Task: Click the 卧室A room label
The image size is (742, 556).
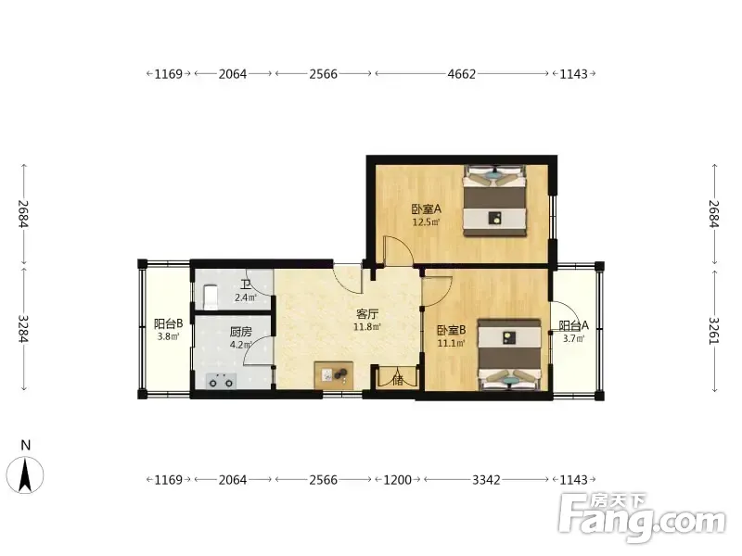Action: pos(426,208)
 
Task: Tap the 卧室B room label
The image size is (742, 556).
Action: pos(451,330)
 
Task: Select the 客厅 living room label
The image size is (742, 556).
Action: pos(367,314)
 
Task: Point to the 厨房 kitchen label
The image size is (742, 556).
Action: pos(240,332)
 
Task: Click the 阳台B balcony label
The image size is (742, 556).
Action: pos(168,323)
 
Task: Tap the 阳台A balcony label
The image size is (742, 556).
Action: pos(573,326)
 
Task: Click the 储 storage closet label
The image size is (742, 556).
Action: pos(398,379)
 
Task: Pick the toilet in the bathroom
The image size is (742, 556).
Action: pos(211,297)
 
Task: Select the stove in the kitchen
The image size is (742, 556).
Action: pos(221,381)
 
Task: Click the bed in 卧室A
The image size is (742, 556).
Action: pos(494,200)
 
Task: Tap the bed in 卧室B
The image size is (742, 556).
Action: pos(509,355)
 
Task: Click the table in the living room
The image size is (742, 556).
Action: pos(334,375)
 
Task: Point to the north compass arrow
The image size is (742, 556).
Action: pos(25,475)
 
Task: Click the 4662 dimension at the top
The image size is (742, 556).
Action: pos(461,74)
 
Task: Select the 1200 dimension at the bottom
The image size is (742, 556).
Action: pos(398,480)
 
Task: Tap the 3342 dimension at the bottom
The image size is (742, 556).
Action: pos(486,480)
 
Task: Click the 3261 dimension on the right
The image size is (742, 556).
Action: pos(714,331)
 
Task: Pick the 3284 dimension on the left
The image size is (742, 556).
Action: pos(24,329)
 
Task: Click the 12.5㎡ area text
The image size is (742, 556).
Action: pos(426,222)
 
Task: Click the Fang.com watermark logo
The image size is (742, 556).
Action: pos(642,517)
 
